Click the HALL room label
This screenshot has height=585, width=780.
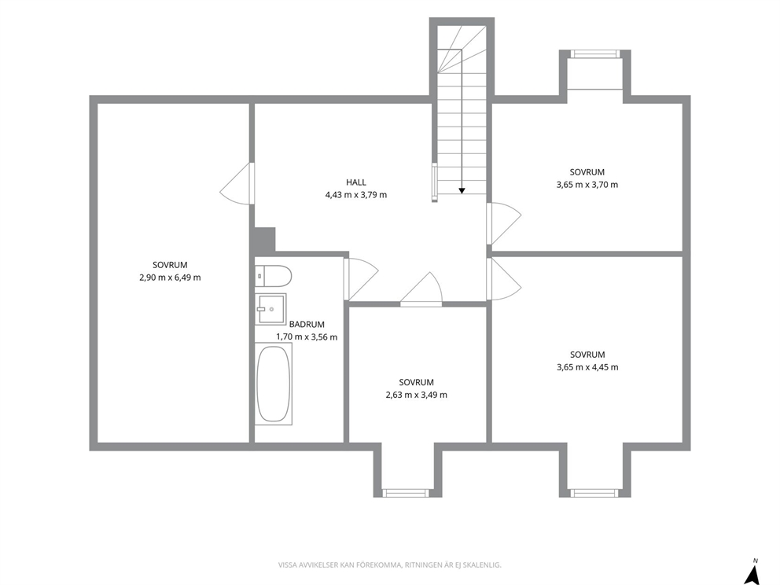click(356, 182)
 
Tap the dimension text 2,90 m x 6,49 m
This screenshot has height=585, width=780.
click(170, 278)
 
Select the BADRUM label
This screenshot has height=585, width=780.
click(307, 324)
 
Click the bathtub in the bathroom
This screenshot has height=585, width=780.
click(273, 384)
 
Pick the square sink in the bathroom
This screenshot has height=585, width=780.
click(270, 309)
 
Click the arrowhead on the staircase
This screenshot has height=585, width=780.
click(462, 190)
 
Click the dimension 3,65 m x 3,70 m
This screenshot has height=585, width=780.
click(587, 185)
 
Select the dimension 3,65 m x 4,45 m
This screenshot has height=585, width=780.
click(587, 367)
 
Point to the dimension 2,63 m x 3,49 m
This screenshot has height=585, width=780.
click(417, 395)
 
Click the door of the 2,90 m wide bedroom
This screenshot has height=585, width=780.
click(237, 183)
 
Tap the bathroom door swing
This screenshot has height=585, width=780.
click(361, 279)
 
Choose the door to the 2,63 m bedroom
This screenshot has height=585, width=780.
click(421, 289)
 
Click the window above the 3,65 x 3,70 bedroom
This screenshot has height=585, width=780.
click(594, 53)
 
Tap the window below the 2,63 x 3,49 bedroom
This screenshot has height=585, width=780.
click(405, 493)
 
